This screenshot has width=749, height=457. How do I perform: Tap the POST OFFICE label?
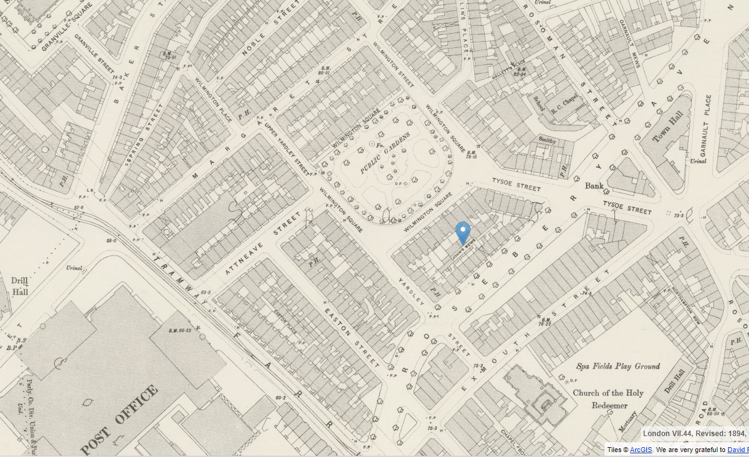point(120,421)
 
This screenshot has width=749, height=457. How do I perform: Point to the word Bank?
point(594,186)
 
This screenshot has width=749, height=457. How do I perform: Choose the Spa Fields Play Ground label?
point(618,367)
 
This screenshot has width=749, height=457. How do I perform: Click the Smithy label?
point(547,141)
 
